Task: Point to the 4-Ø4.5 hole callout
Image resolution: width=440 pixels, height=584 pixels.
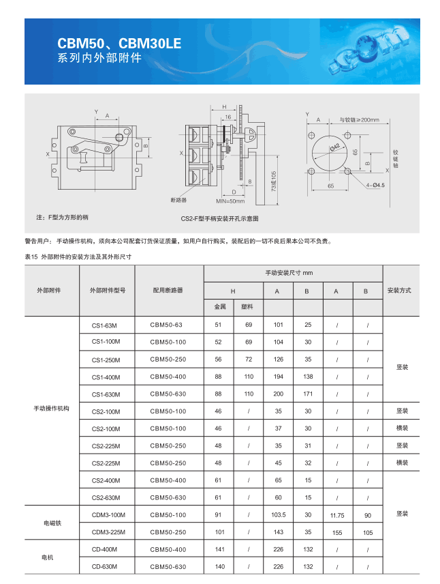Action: pyautogui.click(x=375, y=185)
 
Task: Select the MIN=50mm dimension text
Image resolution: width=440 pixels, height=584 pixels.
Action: pyautogui.click(x=230, y=201)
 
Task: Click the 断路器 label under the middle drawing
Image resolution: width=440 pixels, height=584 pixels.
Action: pyautogui.click(x=178, y=201)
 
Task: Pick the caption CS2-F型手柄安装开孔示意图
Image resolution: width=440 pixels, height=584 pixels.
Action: pyautogui.click(x=219, y=218)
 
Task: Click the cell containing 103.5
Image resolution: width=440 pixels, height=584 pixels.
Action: pyautogui.click(x=278, y=514)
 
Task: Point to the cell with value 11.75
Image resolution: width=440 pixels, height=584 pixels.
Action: pyautogui.click(x=336, y=514)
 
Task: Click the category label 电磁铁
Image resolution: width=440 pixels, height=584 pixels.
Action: pyautogui.click(x=52, y=523)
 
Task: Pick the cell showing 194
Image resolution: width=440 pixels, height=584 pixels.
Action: pyautogui.click(x=278, y=377)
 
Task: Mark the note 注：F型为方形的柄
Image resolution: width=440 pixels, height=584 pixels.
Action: pyautogui.click(x=62, y=216)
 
